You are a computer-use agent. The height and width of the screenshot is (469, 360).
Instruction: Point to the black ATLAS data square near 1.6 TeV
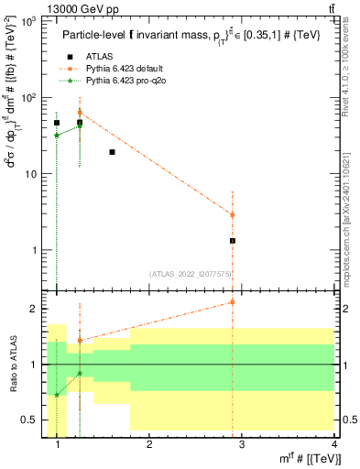tap(112, 152)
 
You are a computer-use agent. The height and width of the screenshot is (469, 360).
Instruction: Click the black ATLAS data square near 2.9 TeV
tap(233, 241)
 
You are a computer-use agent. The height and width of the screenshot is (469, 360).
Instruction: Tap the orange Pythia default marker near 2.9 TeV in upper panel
tap(233, 214)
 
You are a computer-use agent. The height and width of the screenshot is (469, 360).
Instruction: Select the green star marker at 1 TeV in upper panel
tap(57, 135)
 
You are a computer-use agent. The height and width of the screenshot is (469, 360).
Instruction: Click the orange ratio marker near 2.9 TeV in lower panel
tap(233, 301)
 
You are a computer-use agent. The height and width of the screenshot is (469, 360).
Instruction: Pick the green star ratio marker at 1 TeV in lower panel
tap(57, 395)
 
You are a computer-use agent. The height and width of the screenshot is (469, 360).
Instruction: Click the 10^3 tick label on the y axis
tap(27, 20)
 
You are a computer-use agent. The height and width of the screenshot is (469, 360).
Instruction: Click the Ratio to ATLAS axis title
tap(12, 365)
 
